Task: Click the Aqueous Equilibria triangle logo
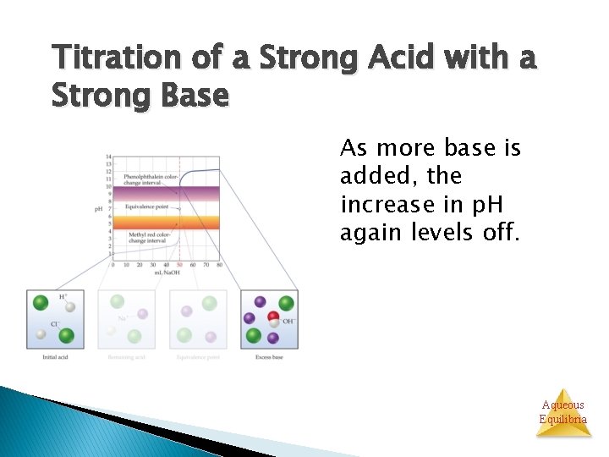click(x=562, y=411)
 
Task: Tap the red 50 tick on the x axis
click(x=179, y=264)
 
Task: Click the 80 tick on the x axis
click(x=219, y=264)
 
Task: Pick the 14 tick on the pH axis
click(x=108, y=157)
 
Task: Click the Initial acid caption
click(x=56, y=356)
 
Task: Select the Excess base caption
click(x=269, y=356)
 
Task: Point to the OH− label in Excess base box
click(x=288, y=322)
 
